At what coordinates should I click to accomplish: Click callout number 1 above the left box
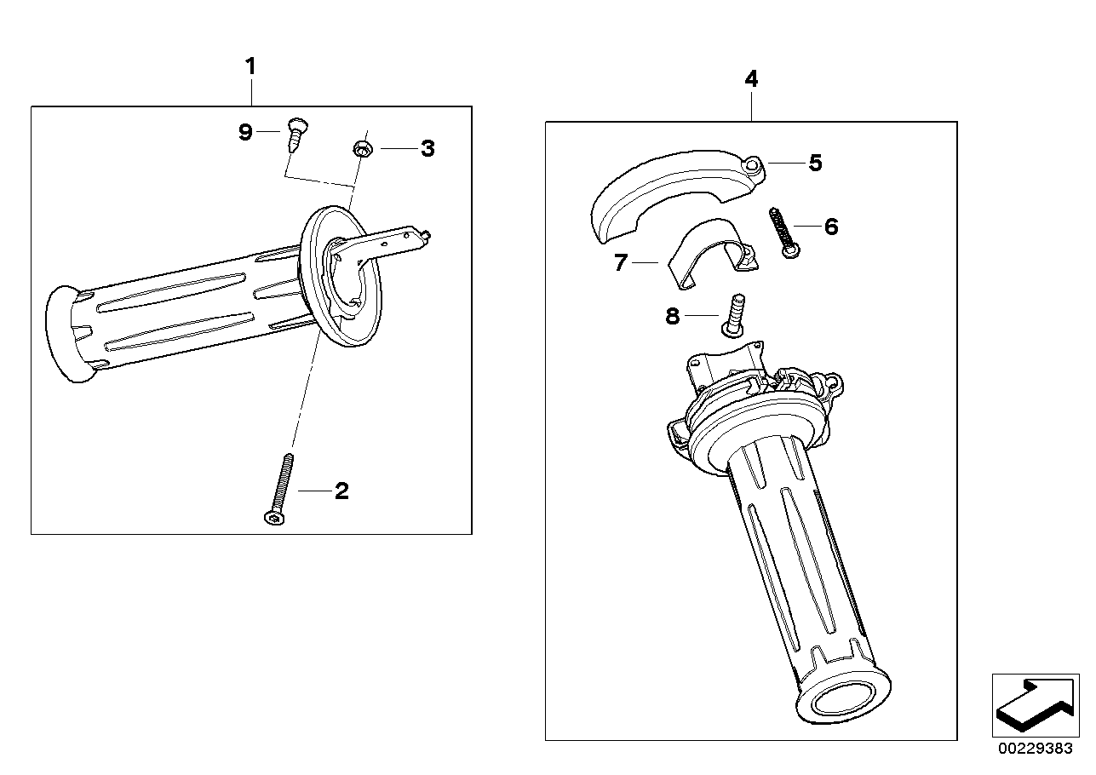coord(250,66)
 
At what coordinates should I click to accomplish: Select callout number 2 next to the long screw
coord(341,491)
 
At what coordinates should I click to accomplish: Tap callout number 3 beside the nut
coord(427,149)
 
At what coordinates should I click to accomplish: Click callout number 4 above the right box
coord(750,79)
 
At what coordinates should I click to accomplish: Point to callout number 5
coord(815,163)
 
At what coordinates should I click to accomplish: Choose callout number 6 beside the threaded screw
coord(831,227)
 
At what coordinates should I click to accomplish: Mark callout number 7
coord(621,263)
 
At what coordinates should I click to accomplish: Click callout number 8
coord(673,317)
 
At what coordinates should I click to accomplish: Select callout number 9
coord(245,132)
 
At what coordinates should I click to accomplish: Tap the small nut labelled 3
coord(361,150)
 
